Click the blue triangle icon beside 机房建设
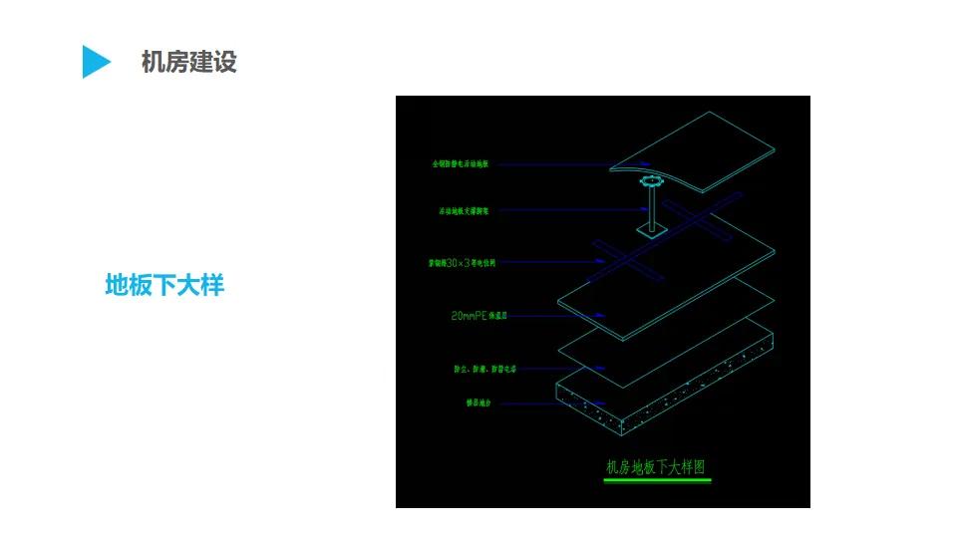(x=95, y=62)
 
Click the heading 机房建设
(x=188, y=62)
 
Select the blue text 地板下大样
(x=164, y=286)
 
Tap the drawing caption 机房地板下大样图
(x=656, y=466)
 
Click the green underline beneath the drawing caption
(x=657, y=481)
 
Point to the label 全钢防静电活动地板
(x=465, y=163)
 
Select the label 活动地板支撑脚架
(x=465, y=210)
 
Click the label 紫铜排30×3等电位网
(x=462, y=263)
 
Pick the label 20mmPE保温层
(x=479, y=316)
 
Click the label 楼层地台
(x=466, y=403)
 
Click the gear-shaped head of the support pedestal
(x=652, y=182)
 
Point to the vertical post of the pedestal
(x=653, y=209)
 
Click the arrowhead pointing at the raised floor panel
(x=645, y=163)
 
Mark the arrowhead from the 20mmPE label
(x=600, y=316)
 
